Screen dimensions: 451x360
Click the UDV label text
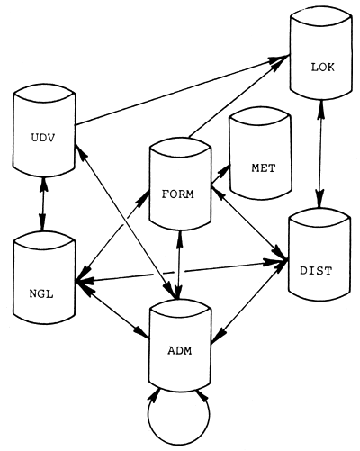[40, 138]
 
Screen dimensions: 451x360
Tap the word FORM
[180, 193]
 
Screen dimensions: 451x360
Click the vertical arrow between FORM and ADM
[181, 266]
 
